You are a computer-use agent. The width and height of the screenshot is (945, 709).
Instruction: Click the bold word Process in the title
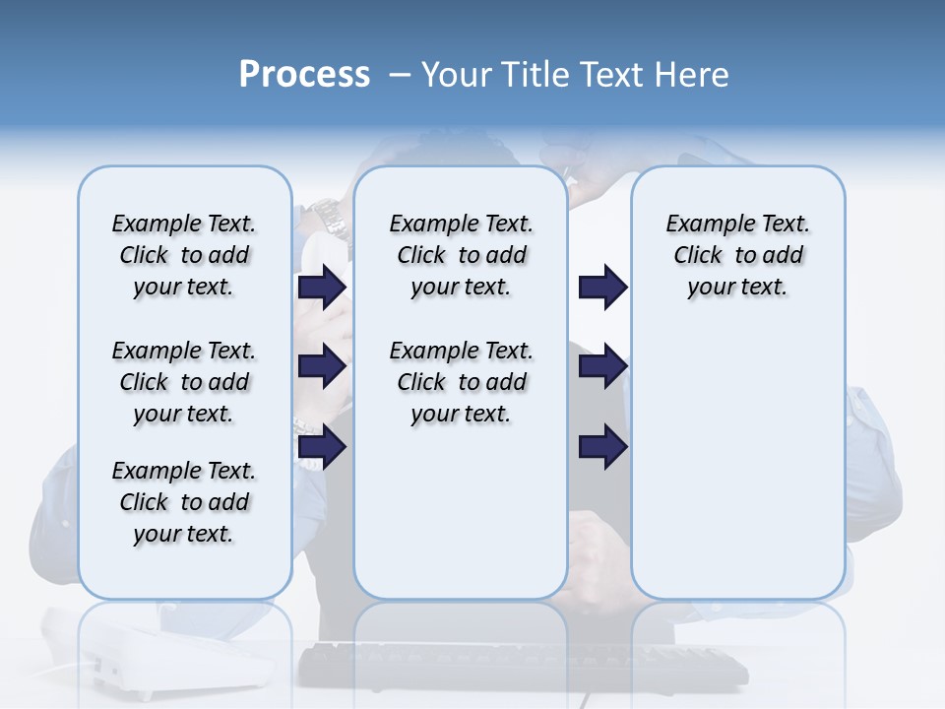pos(304,75)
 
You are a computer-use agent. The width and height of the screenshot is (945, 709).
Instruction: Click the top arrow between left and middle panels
pos(322,288)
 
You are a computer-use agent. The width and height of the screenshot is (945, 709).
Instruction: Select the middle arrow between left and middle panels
pos(322,366)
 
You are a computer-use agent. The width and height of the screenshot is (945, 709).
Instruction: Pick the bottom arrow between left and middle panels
pos(322,447)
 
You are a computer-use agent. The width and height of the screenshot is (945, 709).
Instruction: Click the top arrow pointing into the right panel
pos(602,288)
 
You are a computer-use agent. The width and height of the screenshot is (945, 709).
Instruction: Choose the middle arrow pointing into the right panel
pos(602,366)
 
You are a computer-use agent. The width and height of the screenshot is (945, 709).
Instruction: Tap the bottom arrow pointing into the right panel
pos(602,447)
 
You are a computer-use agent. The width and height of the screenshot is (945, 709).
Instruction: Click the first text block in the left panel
pos(184,255)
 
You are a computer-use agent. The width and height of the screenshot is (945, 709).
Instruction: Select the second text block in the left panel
pos(184,382)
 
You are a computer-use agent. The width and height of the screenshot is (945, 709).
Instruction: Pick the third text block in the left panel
pos(184,502)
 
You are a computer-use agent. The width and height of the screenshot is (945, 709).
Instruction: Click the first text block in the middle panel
pos(461,255)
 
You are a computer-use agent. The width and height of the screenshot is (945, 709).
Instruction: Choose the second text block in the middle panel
pos(461,382)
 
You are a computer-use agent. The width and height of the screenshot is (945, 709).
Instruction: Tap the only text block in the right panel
pos(737,255)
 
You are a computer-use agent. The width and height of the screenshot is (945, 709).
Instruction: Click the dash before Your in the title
pos(400,75)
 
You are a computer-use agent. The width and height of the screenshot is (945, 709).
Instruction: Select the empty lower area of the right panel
pos(737,463)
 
